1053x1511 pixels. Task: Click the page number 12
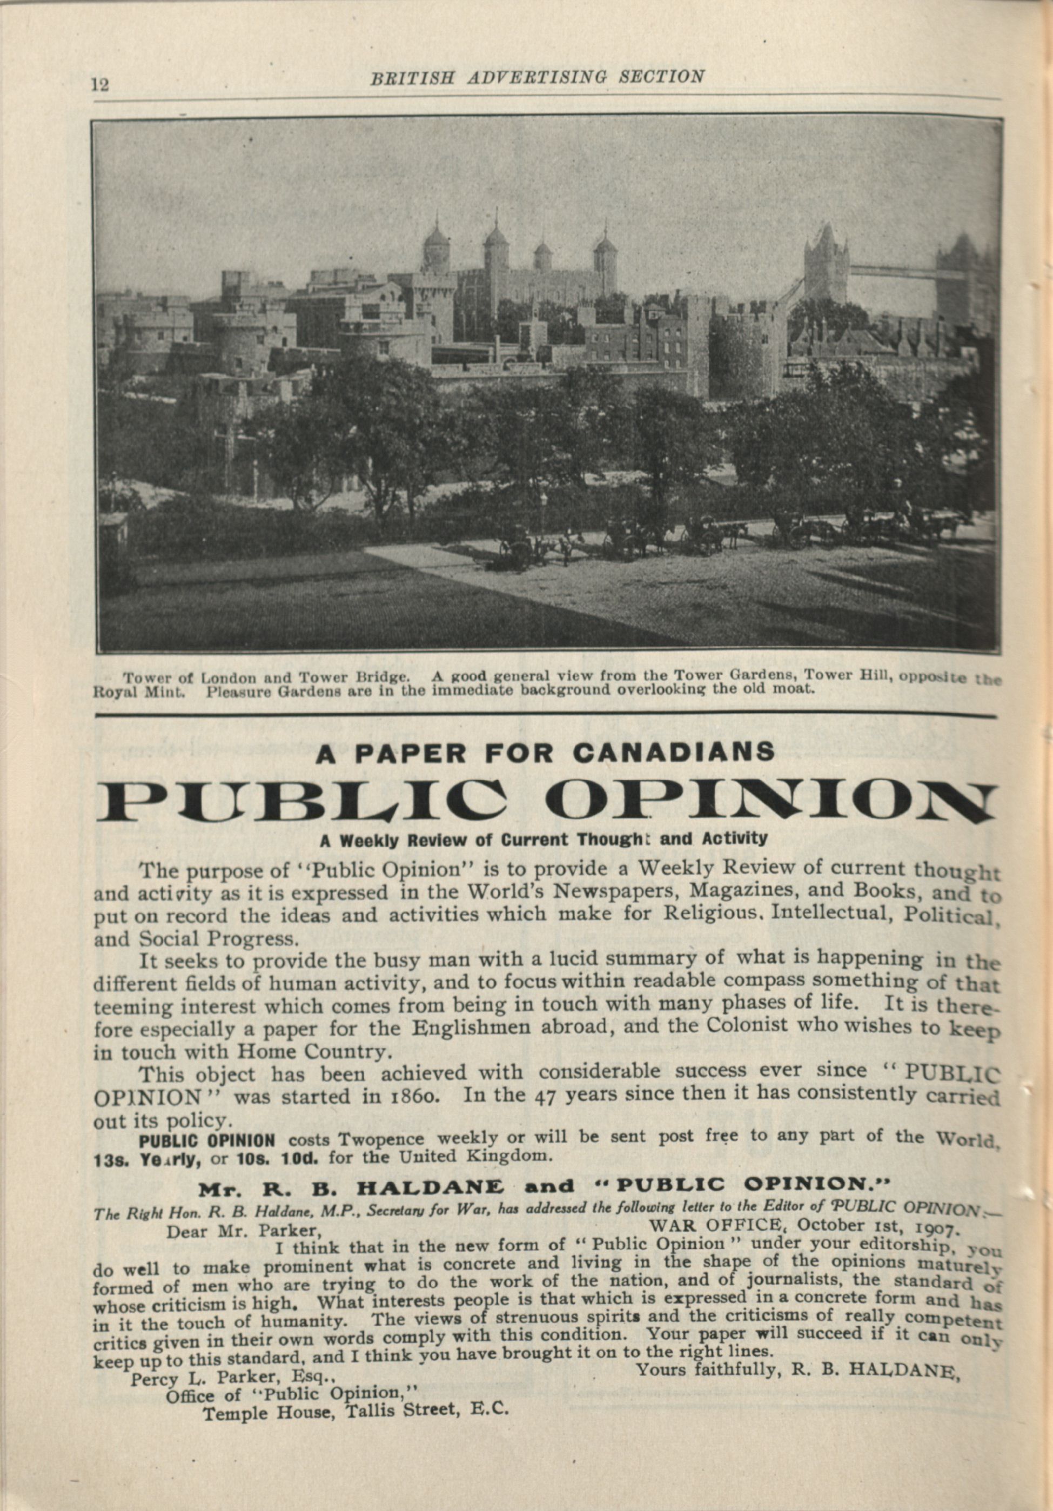coord(100,85)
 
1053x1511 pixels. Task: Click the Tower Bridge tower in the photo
coord(826,263)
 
